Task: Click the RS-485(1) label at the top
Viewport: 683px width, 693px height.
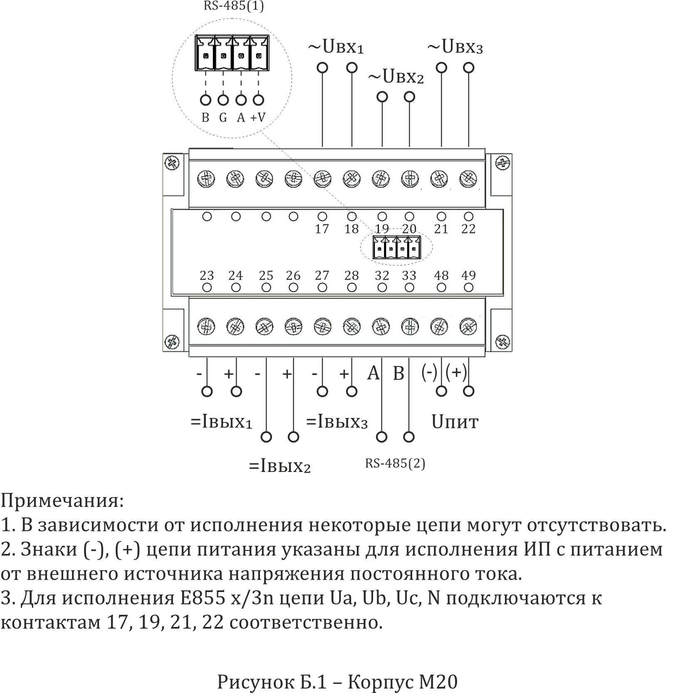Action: coord(233,7)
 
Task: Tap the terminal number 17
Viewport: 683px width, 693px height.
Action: coord(322,229)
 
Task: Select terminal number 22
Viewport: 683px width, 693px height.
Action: coord(468,229)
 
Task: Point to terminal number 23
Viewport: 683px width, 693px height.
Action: coord(207,275)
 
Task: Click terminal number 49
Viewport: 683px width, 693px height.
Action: coord(468,275)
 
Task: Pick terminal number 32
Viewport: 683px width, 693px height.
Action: coord(382,275)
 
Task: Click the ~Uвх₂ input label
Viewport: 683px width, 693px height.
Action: coord(396,77)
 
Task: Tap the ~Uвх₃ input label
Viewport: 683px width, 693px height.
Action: coord(455,47)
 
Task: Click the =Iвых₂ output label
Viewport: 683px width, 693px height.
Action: coord(280,466)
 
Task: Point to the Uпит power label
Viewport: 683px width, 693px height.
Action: coord(455,422)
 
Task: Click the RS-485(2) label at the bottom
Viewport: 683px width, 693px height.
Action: coord(395,463)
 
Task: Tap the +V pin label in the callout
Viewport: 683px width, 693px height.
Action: coord(258,118)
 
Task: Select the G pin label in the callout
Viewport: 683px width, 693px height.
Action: coord(223,118)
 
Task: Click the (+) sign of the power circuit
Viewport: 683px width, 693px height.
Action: coord(456,372)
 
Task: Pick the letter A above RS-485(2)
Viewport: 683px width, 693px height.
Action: coord(374,373)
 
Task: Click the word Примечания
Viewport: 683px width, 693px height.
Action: coord(62,501)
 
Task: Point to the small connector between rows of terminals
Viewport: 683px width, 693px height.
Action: coord(396,248)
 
